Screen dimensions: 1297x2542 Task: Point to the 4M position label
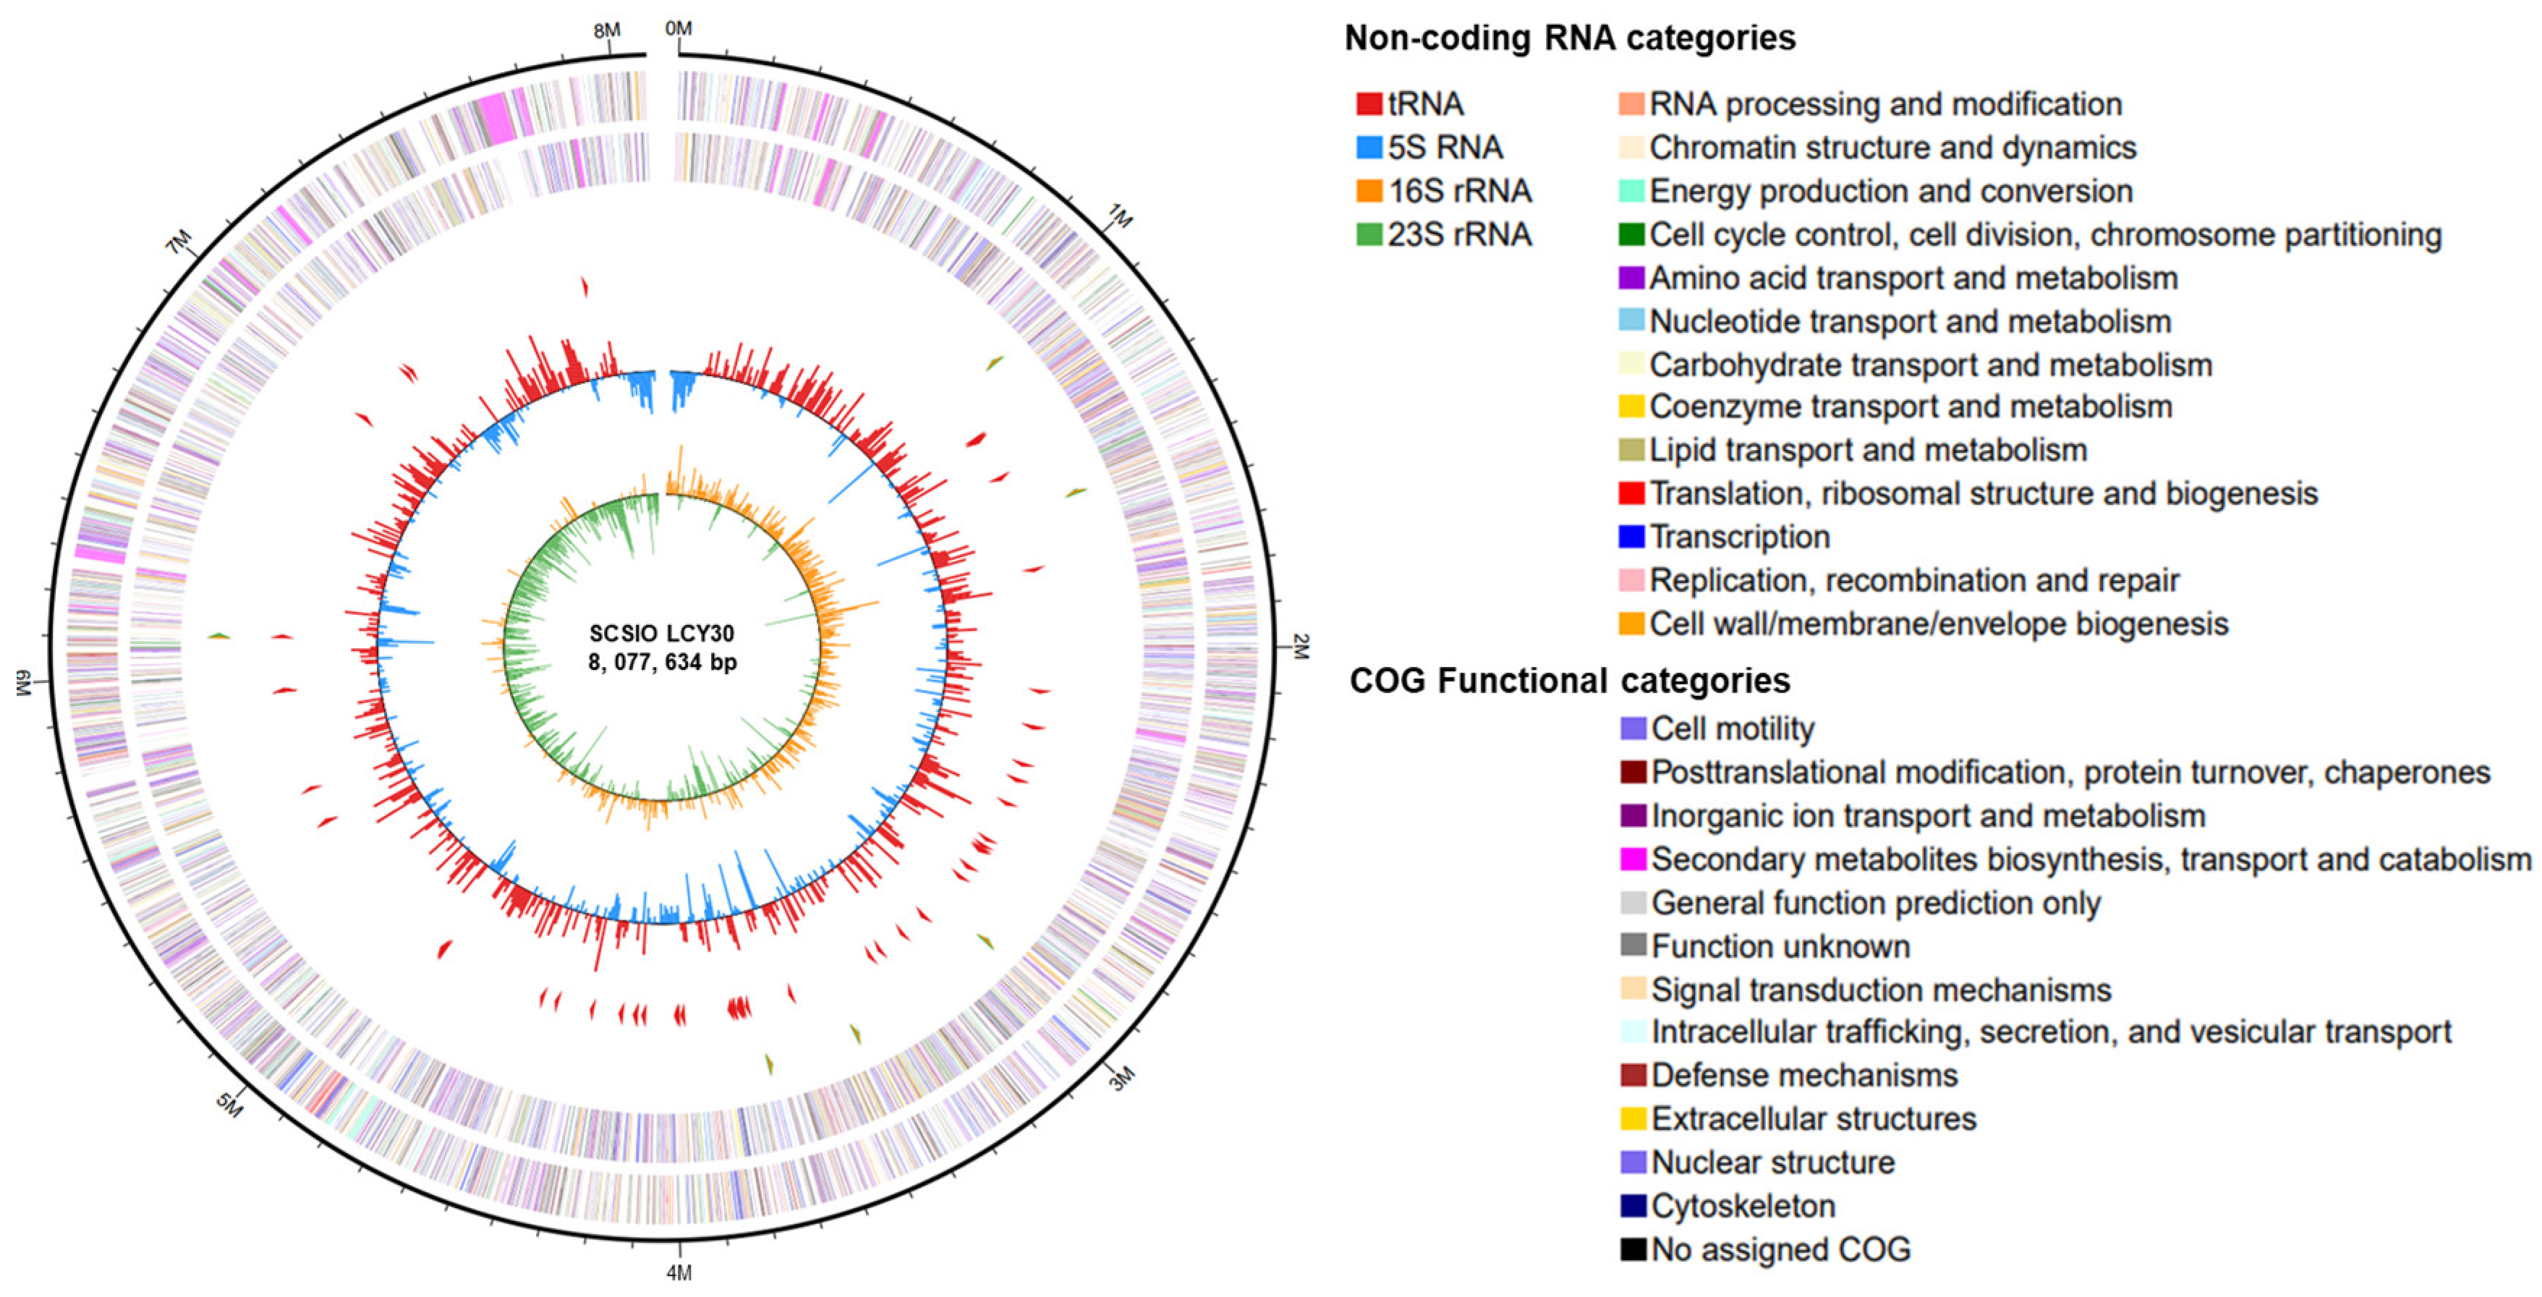[679, 1273]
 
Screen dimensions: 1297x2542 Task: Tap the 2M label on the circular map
[1301, 647]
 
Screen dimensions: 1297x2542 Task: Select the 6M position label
[25, 682]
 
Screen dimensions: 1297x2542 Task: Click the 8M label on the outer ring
[607, 30]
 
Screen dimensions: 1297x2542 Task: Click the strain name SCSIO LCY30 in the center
[661, 633]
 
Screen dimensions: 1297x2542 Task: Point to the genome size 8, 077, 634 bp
[662, 661]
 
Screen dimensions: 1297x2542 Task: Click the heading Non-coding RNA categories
[1569, 38]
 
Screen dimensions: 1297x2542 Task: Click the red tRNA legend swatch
[1369, 103]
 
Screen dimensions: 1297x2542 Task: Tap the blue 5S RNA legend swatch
[1369, 147]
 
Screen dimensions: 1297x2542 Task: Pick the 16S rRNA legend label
[1460, 190]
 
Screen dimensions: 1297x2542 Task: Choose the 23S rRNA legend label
[1460, 234]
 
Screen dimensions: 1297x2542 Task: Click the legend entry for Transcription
[1739, 537]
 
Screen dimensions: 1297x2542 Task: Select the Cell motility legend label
[1732, 728]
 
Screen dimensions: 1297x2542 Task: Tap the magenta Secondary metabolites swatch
[1633, 859]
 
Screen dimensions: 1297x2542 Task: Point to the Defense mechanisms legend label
[1804, 1075]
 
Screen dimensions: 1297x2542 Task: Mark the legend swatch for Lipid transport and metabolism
[1631, 450]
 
